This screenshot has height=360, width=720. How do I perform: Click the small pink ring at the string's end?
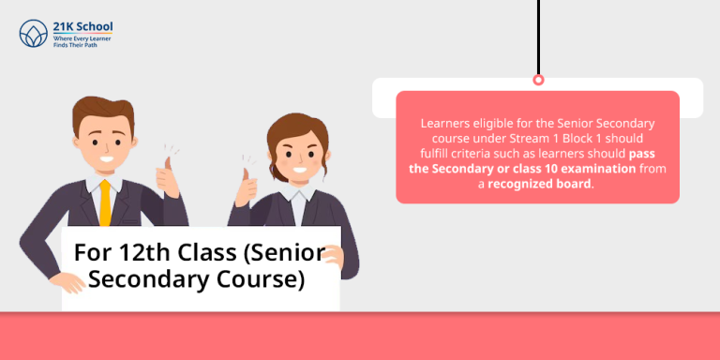[538, 80]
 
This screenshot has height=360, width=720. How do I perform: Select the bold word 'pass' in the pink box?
[641, 153]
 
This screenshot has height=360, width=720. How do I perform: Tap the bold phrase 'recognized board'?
[540, 184]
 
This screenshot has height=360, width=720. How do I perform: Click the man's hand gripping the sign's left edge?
[67, 280]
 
